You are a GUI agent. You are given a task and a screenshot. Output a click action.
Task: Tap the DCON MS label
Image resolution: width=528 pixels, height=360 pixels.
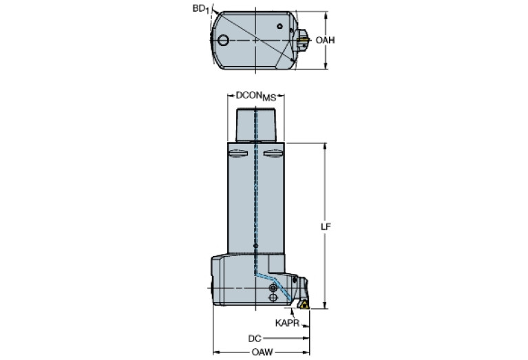point(255,97)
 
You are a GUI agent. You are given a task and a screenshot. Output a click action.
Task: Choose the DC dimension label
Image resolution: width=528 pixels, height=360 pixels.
point(255,339)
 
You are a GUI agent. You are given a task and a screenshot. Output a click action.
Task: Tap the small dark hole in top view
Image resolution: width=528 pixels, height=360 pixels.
point(280,27)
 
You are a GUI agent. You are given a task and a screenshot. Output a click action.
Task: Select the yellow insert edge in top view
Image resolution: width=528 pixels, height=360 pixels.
point(303,41)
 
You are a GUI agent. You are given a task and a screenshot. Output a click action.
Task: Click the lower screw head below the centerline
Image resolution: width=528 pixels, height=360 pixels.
point(275,298)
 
